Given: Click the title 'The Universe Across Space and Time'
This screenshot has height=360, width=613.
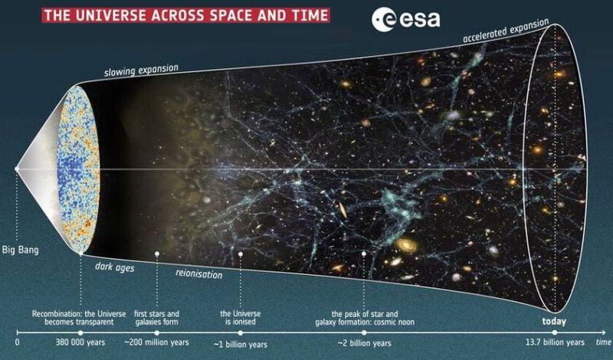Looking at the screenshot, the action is point(185,15).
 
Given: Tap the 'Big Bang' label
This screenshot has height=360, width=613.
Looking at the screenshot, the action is point(21,250).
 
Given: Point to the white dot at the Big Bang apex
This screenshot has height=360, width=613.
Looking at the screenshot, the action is point(16,169).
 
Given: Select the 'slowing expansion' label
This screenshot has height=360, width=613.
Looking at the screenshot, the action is point(141,70).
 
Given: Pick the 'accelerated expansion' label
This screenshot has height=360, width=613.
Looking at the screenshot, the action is point(506,31).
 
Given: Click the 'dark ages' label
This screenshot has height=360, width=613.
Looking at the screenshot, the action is point(114,267).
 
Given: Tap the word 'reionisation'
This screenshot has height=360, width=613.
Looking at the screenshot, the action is point(198,273).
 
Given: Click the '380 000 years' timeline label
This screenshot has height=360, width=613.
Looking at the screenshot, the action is point(80,343).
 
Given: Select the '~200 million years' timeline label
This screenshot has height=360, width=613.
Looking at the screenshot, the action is point(156,343).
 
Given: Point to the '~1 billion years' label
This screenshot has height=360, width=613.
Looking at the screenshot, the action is point(241,345).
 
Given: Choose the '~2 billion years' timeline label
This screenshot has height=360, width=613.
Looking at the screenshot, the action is point(365,344).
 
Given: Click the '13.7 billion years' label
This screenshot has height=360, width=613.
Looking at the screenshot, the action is point(555,342).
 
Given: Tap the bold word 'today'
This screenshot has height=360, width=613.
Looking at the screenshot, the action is point(554,322).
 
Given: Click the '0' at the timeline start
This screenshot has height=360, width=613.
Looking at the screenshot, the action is point(17,343).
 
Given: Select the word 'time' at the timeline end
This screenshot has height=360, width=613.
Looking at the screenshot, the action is point(603,342).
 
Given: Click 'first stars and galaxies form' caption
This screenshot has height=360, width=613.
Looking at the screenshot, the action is point(157,318).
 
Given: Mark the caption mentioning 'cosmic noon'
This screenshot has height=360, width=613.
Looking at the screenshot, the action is point(365,318).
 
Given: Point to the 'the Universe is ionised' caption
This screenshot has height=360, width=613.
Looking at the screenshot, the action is point(241,318).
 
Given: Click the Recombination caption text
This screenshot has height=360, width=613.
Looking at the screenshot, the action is point(79,318).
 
